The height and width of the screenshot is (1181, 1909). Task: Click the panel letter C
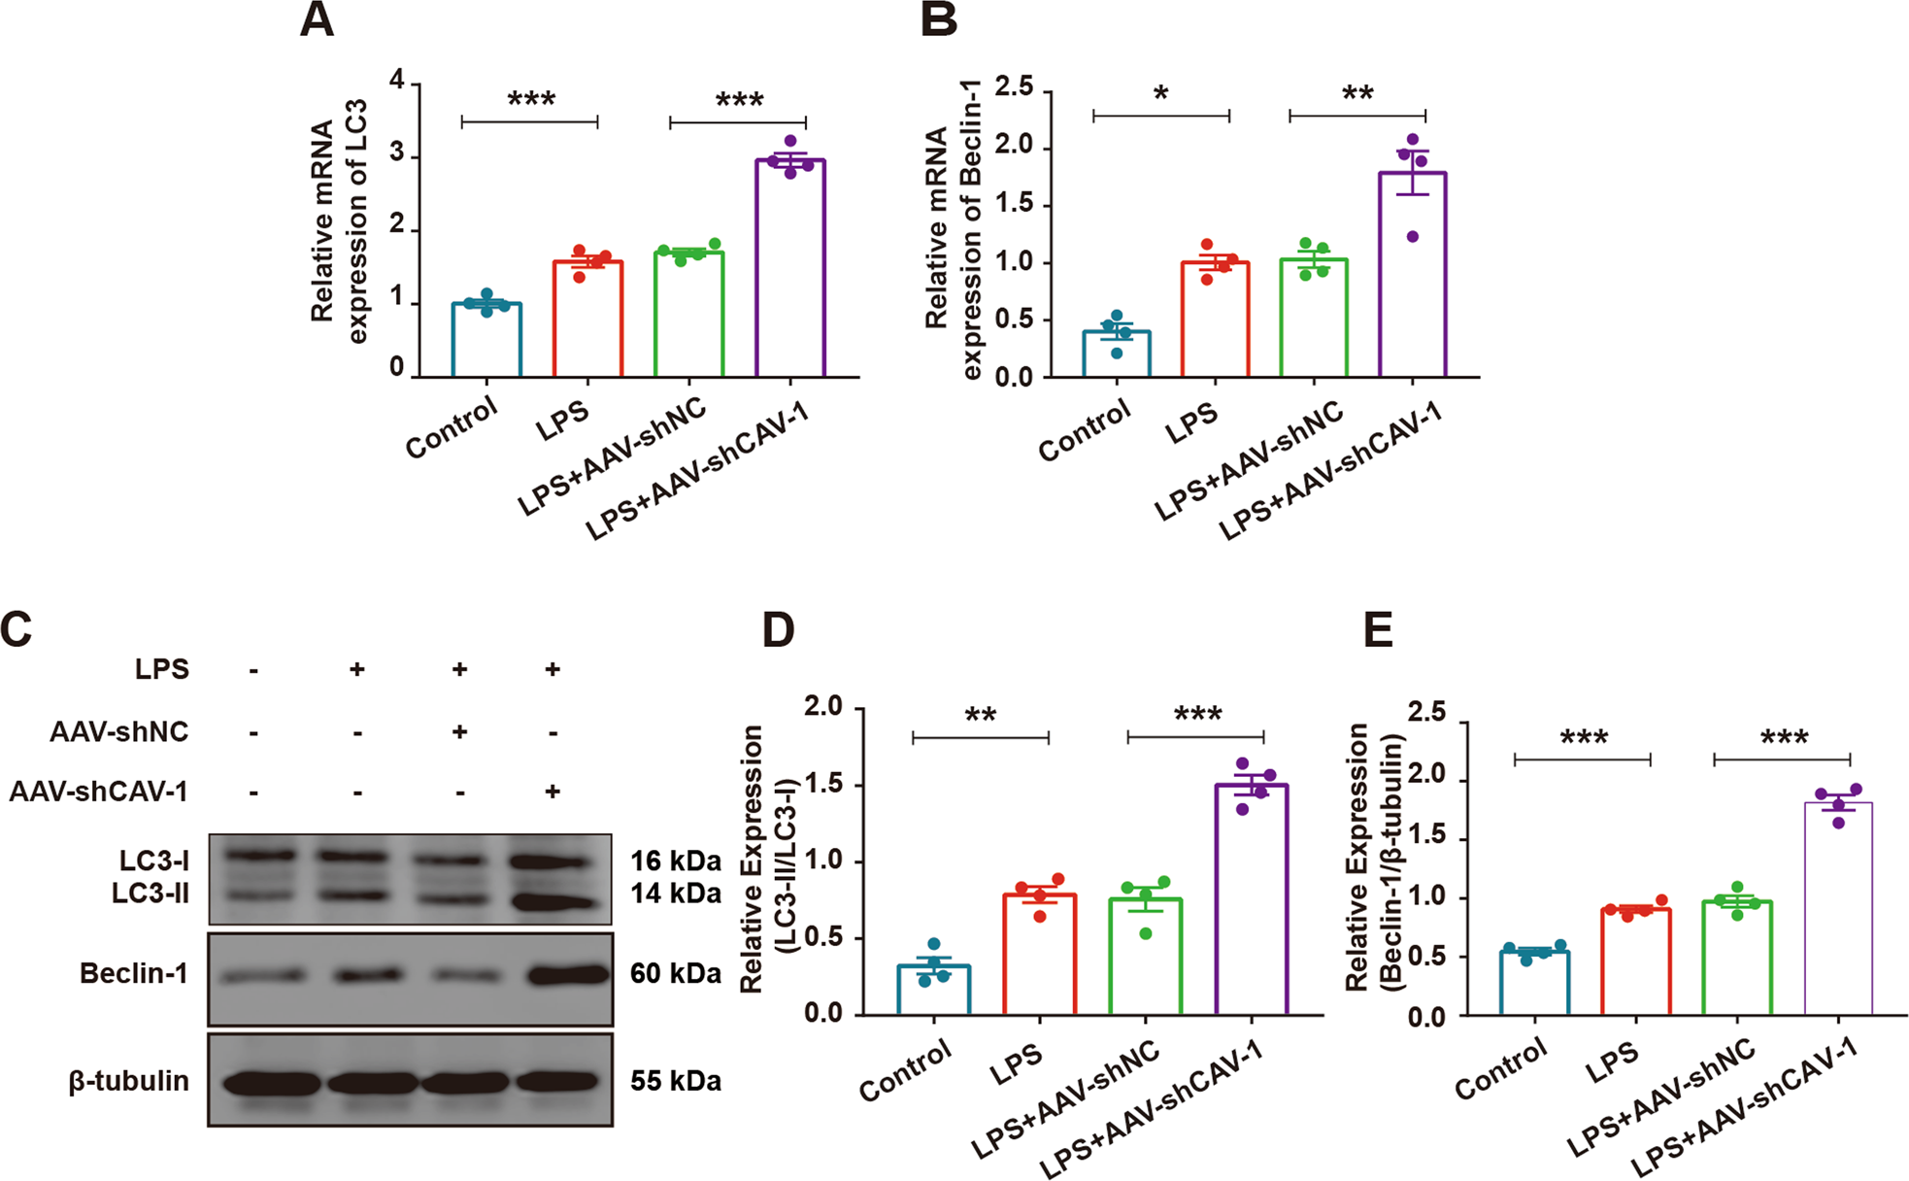click(17, 629)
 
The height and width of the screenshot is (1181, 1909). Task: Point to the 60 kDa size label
click(676, 973)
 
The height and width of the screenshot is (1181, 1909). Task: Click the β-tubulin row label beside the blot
click(128, 1081)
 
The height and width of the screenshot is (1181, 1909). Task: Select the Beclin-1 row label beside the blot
click(134, 973)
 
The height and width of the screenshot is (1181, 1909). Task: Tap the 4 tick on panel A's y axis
click(397, 82)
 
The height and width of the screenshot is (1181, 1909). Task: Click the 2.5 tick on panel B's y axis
click(1014, 88)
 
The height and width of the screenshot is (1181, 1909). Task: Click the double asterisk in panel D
click(981, 717)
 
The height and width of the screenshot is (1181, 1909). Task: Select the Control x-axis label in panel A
click(452, 428)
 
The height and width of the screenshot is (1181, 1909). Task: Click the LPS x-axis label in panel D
click(1016, 1064)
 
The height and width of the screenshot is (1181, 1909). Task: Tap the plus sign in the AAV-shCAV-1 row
click(553, 792)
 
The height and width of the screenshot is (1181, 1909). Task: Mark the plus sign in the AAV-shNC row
click(459, 731)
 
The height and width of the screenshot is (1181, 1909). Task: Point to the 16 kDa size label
click(676, 861)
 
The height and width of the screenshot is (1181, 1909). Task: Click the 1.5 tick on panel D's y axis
click(822, 785)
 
